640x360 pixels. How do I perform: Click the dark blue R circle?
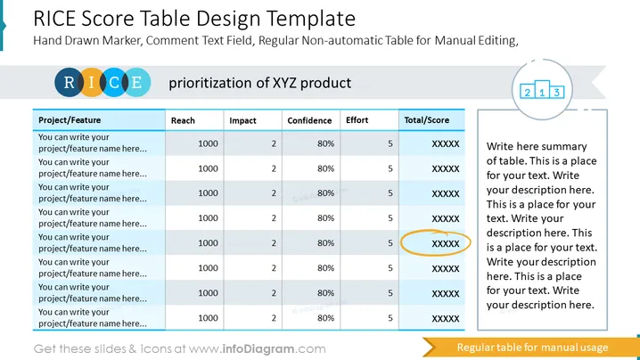point(69,83)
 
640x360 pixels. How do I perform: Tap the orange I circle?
point(92,83)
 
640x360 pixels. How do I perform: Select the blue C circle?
point(114,83)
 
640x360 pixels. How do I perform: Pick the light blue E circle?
point(136,83)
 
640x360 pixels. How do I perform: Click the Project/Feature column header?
point(70,120)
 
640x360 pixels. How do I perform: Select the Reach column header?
point(183,120)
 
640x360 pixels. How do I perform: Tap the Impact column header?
point(242,120)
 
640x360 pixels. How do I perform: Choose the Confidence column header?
point(309,120)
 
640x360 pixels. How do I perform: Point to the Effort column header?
point(357,120)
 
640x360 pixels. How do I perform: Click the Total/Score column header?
point(427,120)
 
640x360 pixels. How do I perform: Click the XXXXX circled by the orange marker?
point(446,243)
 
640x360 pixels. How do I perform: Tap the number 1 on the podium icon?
point(542,93)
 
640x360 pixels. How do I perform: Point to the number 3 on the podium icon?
point(557,93)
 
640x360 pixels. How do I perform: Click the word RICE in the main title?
point(54,19)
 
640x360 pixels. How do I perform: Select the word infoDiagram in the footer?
point(258,349)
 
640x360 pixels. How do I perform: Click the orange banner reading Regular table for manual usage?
point(530,348)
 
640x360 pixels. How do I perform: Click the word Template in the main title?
point(311,19)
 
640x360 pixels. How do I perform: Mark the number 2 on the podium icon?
point(528,93)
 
